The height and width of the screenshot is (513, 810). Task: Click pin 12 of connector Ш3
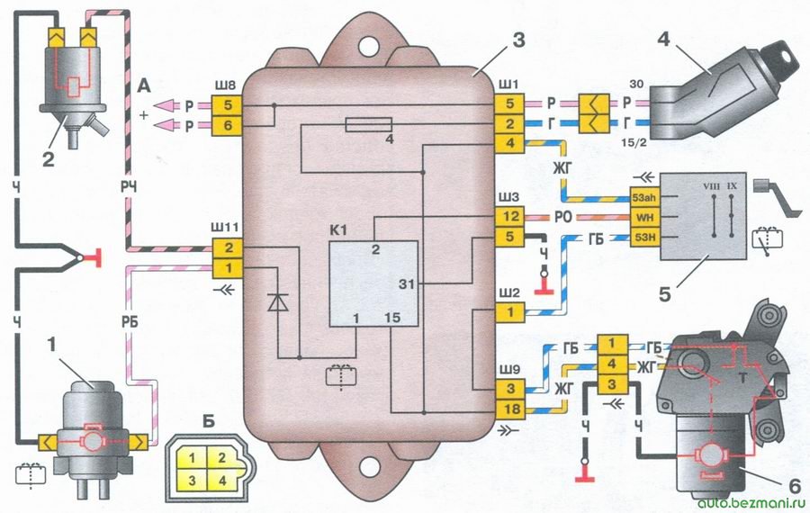(x=510, y=217)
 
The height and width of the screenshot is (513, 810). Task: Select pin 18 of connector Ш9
(x=510, y=409)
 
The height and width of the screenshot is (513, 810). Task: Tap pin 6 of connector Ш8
(x=228, y=125)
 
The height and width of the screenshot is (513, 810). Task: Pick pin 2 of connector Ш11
(x=228, y=248)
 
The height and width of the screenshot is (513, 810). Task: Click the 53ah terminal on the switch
(x=644, y=197)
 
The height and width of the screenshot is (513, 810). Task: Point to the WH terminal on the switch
(x=644, y=218)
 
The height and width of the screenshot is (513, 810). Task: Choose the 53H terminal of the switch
(x=644, y=238)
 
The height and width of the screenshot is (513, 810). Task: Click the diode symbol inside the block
(x=278, y=301)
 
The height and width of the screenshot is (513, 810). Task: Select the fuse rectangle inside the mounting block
(x=368, y=124)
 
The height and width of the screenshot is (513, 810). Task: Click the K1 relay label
(x=339, y=230)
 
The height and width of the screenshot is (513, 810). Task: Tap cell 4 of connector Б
(x=222, y=480)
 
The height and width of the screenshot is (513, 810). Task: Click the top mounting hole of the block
(x=366, y=45)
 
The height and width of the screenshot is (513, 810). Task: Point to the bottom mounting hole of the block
(x=367, y=467)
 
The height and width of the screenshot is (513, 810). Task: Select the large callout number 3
(x=518, y=40)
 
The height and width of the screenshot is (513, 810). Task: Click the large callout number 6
(x=795, y=485)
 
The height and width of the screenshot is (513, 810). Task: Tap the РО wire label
(x=563, y=218)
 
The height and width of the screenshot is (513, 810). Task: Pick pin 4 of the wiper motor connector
(x=612, y=364)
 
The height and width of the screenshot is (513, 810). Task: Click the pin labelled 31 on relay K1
(x=406, y=283)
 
